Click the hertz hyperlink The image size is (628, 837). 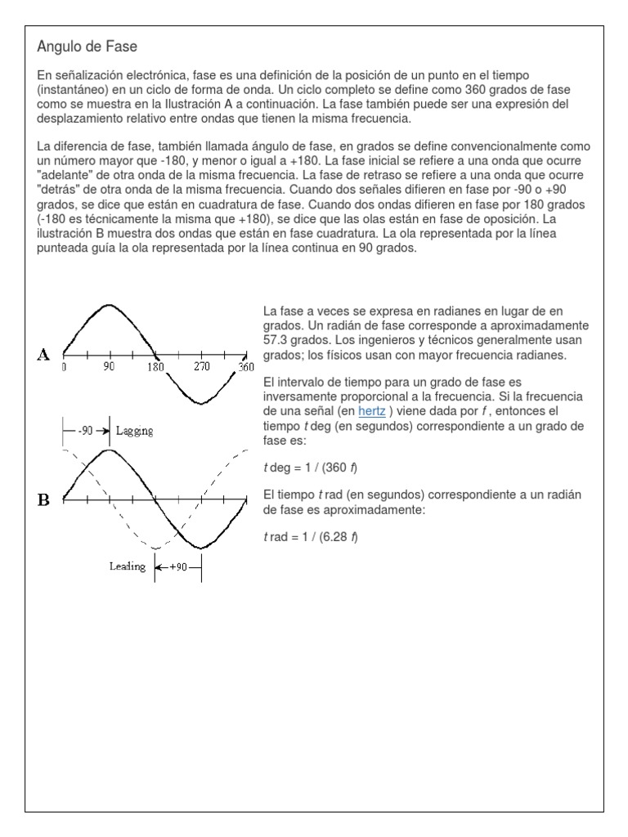371,411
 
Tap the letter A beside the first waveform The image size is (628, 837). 43,354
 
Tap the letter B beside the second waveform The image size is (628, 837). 43,499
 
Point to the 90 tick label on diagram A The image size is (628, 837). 109,367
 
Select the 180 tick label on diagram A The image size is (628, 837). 155,367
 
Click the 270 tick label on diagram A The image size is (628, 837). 202,367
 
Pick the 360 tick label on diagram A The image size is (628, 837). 246,367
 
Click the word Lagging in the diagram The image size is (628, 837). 135,430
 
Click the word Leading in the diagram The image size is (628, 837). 127,566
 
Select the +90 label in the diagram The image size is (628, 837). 178,566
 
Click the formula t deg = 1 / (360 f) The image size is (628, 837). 310,468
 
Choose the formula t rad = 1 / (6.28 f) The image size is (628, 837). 311,537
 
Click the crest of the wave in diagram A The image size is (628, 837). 109,306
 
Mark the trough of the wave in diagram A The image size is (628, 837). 201,404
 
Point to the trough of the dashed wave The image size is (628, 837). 155,548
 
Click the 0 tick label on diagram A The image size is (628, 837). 64,367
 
